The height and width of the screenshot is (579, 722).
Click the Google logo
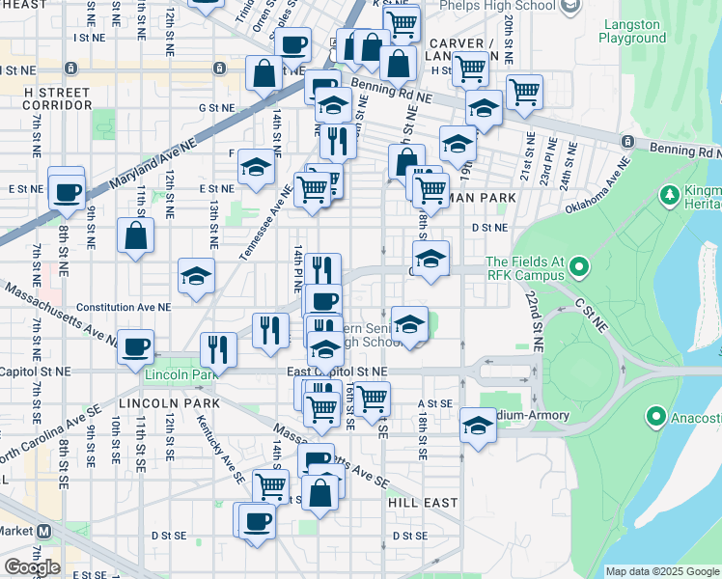coord(32,567)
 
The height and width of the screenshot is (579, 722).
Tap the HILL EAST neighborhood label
coord(422,503)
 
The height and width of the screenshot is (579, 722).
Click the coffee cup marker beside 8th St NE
coord(67,191)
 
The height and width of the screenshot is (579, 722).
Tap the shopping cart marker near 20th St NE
coord(524,92)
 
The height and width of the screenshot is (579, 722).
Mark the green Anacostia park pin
coord(656,417)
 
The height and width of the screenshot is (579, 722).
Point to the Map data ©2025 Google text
coord(661,571)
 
